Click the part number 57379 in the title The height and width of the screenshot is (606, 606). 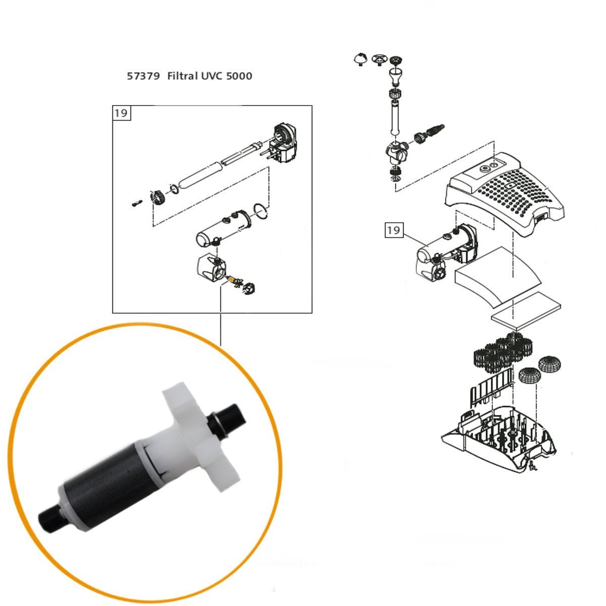(x=143, y=77)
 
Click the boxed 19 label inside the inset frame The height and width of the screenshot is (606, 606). (x=121, y=113)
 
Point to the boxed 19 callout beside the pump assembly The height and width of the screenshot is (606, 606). (x=394, y=230)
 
